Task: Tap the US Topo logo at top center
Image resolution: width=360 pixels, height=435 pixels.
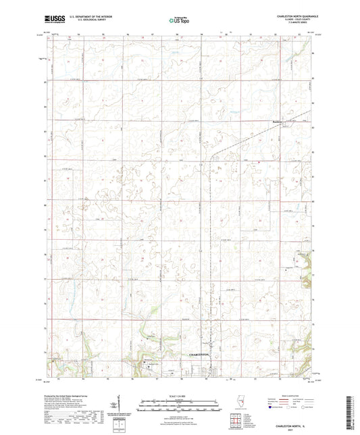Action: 178,20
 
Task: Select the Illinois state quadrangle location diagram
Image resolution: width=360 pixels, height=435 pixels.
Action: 242,402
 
